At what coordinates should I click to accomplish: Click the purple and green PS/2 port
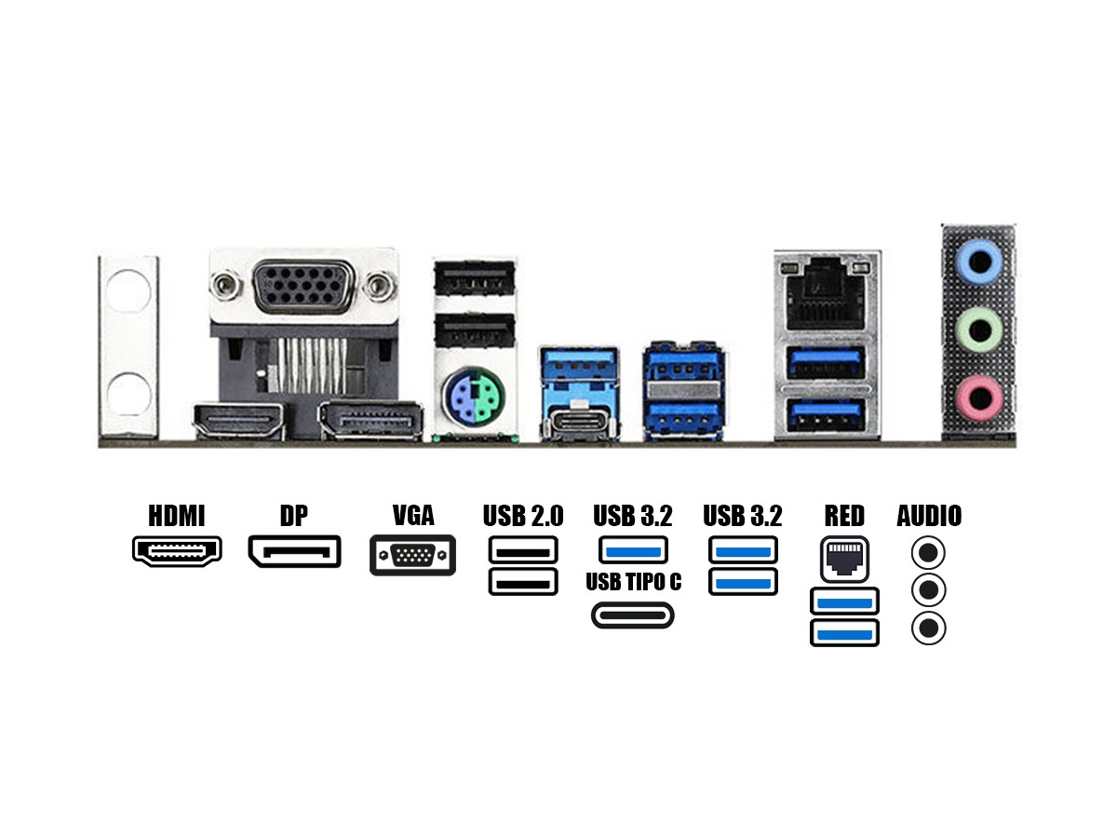click(474, 396)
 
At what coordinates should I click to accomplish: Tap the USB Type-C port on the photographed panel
click(580, 421)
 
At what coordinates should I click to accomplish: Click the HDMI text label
click(177, 516)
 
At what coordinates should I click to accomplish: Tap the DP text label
click(293, 516)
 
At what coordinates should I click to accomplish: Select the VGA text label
click(413, 516)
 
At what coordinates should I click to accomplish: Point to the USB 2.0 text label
click(523, 516)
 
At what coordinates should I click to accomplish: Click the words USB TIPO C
click(633, 583)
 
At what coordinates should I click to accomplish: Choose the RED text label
click(844, 516)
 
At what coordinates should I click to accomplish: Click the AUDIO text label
click(929, 516)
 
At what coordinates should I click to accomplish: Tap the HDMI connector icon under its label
click(177, 551)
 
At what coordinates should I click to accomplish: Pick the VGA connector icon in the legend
click(412, 555)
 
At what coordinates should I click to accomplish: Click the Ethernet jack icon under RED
click(844, 557)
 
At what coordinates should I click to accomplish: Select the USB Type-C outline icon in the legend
click(633, 615)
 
